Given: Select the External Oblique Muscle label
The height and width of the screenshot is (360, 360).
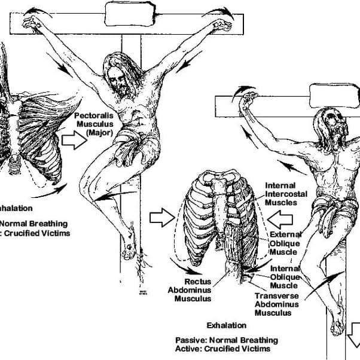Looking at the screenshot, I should (x=285, y=243).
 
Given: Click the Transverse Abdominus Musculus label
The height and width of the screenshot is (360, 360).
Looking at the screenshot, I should (x=280, y=304).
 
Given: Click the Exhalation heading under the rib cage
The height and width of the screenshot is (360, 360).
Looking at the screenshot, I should (x=226, y=325).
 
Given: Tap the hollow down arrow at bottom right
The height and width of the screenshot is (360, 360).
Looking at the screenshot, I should (x=353, y=328).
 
